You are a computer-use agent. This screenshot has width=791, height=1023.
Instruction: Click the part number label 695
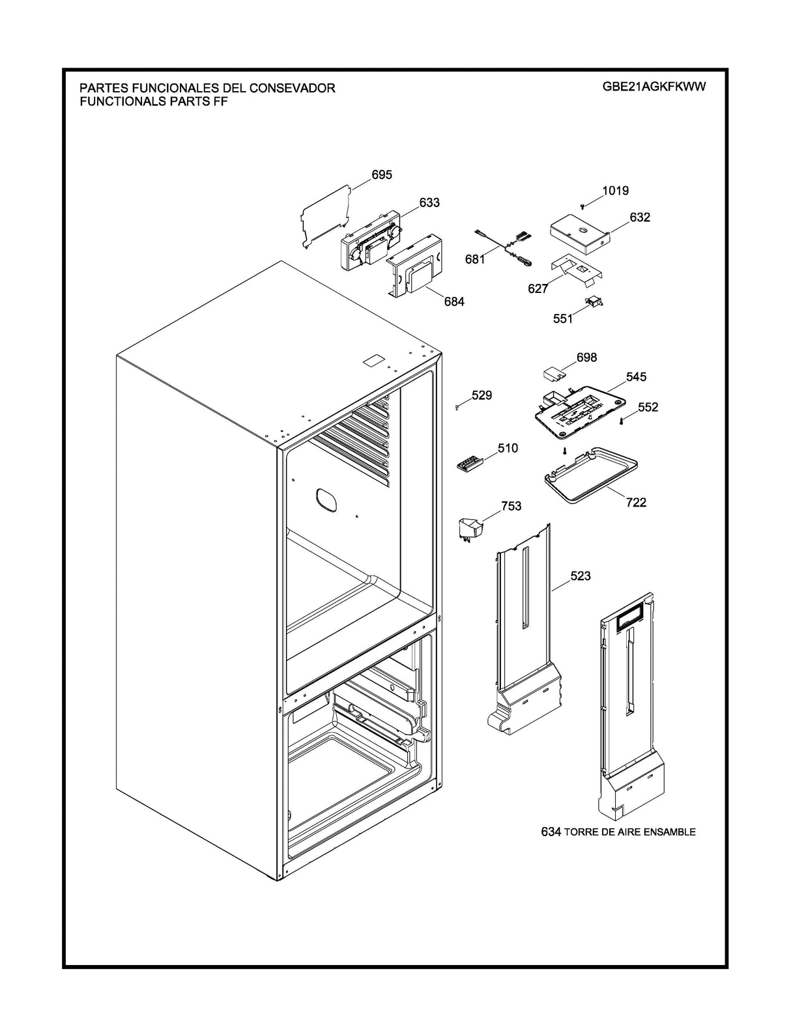click(x=381, y=175)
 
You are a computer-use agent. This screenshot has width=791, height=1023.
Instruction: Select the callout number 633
click(x=429, y=203)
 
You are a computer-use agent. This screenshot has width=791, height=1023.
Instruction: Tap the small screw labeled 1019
click(x=583, y=206)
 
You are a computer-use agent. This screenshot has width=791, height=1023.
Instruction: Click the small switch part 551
click(x=595, y=300)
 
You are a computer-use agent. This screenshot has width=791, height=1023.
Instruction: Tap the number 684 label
click(x=454, y=301)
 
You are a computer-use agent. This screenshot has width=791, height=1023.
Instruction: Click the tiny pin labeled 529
click(x=459, y=407)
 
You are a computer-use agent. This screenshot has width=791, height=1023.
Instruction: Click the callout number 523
click(x=581, y=576)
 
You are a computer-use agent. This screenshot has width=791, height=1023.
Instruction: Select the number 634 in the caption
click(x=551, y=832)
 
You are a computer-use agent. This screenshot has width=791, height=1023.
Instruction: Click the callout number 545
click(x=636, y=377)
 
